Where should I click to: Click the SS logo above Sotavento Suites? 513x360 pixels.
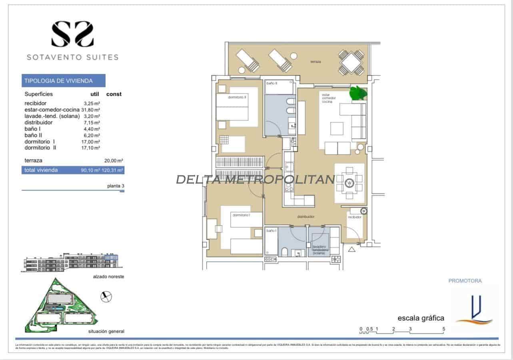72,34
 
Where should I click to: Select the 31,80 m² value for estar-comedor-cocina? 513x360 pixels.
91,109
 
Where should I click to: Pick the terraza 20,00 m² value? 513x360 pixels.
114,161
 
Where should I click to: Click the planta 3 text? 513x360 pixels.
116,186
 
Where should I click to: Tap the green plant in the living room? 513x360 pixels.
358,93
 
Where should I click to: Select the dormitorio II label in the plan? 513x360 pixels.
237,97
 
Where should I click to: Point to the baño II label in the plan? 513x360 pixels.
272,83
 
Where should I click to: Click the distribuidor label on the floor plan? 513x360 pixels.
306,217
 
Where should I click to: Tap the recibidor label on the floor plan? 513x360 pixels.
355,217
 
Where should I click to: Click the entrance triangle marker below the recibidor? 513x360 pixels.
352,250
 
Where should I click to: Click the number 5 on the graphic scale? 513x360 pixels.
444,329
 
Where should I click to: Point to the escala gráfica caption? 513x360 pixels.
421,318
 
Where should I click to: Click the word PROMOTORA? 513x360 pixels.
465,281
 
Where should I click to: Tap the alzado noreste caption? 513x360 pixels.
107,277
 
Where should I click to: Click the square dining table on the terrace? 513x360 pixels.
351,62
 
